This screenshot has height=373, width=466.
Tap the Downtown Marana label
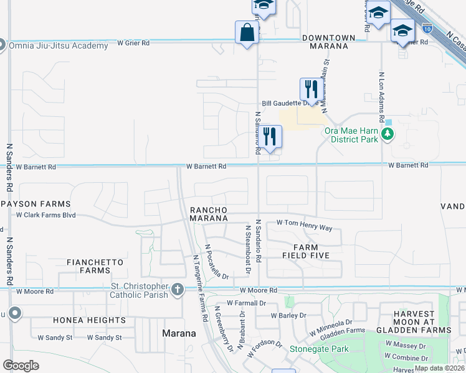tap(328, 38)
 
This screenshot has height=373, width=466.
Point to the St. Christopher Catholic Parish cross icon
tap(178, 289)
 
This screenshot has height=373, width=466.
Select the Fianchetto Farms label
tap(88, 266)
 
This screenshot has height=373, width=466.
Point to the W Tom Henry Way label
tap(304, 225)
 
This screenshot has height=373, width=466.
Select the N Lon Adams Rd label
tap(381, 96)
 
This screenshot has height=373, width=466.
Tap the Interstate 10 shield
tap(427, 29)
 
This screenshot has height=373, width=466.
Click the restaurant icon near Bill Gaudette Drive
tap(309, 90)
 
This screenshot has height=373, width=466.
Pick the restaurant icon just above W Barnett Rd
tap(270, 137)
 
